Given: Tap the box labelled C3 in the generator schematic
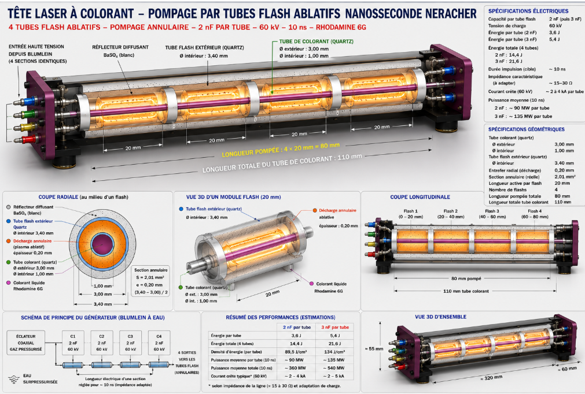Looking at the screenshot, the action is pyautogui.click(x=130, y=343).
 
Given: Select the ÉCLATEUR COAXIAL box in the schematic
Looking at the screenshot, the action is pyautogui.click(x=25, y=343).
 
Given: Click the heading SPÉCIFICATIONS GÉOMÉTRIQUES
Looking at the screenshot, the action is pyautogui.click(x=527, y=129).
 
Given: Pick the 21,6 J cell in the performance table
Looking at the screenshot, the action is pyautogui.click(x=334, y=344).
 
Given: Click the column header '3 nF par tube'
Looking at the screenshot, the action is pyautogui.click(x=335, y=328).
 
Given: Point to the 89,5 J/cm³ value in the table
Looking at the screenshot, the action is pyautogui.click(x=296, y=352).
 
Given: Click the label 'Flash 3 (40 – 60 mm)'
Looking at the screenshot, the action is pyautogui.click(x=492, y=214).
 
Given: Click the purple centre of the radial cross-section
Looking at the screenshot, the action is pyautogui.click(x=102, y=244).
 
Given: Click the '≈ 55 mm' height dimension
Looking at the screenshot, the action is pyautogui.click(x=374, y=348).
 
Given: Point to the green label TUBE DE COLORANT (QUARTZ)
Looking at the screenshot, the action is pyautogui.click(x=317, y=42).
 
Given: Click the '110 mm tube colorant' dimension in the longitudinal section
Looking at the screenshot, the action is pyautogui.click(x=466, y=291).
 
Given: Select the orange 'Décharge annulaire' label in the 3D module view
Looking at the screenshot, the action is pyautogui.click(x=338, y=210).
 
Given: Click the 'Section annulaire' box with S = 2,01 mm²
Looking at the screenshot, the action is pyautogui.click(x=150, y=281).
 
